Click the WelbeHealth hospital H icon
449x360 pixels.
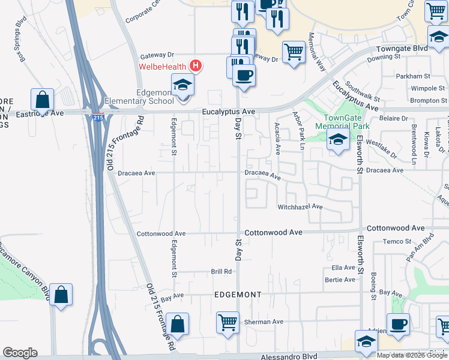195,65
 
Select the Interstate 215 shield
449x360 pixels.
98,118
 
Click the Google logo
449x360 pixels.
20,353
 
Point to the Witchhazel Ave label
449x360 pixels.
300,207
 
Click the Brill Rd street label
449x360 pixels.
221,271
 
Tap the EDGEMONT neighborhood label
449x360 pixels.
238,295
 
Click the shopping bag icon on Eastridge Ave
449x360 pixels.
43,99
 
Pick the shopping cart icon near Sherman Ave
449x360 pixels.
228,323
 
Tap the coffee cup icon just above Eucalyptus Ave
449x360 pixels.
244,76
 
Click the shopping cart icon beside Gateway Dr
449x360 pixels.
294,52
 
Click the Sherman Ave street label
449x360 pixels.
264,322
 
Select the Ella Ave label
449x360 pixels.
343,268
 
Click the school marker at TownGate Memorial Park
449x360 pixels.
338,141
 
